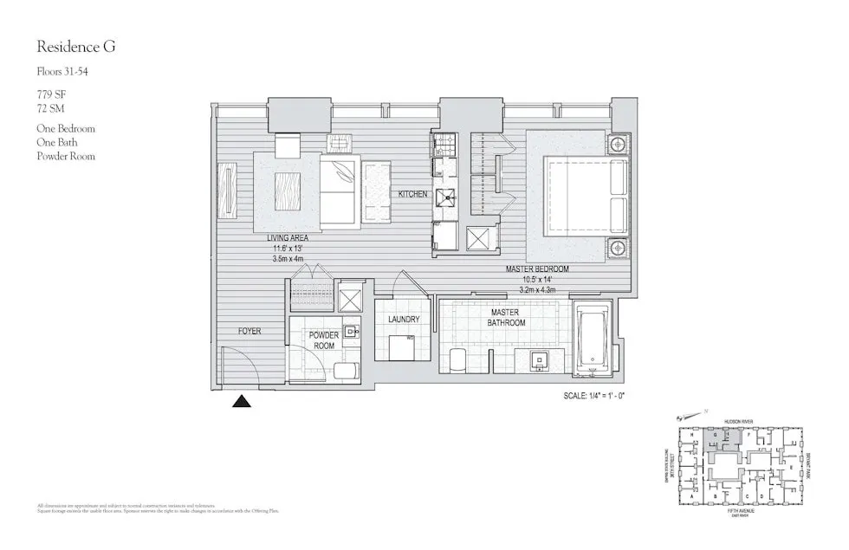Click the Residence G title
[75, 47]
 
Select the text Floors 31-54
[62, 72]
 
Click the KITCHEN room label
[412, 194]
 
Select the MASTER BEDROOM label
[541, 269]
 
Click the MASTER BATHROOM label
[508, 317]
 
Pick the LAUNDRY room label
[404, 320]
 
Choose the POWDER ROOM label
[323, 340]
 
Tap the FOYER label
[250, 331]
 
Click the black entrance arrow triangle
[242, 400]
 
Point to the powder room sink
[350, 332]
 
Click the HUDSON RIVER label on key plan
[743, 422]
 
